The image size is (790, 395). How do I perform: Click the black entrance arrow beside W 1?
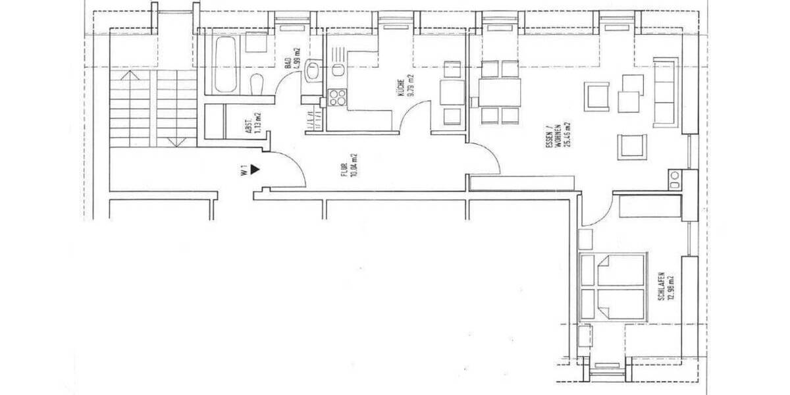[255, 169]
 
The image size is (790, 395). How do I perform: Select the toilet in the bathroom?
[257, 84]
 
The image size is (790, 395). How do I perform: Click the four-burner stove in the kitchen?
[337, 97]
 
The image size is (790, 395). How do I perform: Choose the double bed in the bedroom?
[612, 287]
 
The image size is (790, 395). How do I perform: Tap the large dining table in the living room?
[500, 92]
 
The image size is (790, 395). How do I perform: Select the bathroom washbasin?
[312, 69]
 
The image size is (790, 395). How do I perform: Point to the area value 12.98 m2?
[671, 288]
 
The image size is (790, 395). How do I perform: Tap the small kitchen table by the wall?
[452, 92]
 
